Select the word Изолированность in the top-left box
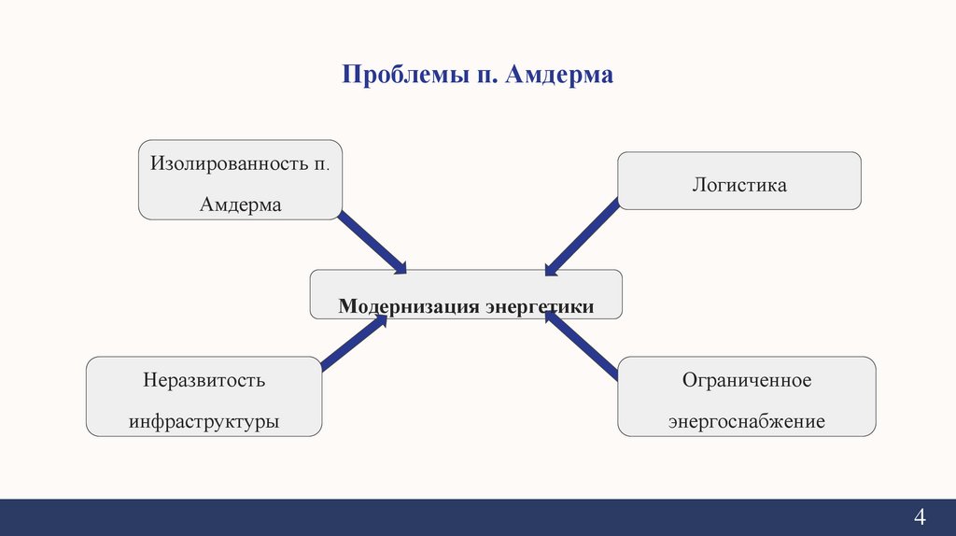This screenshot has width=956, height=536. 224,163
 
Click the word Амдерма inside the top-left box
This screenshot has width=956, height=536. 240,205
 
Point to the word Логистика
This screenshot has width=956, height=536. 739,185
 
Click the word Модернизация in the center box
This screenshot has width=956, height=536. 409,306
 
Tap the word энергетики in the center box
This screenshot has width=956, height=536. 539,306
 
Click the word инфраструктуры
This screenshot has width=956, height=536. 204,421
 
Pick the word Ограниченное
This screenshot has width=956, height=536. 747,381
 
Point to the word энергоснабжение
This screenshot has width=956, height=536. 747,421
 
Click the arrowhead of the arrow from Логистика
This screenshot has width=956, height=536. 551,269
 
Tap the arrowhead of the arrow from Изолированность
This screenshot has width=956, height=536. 399,267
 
